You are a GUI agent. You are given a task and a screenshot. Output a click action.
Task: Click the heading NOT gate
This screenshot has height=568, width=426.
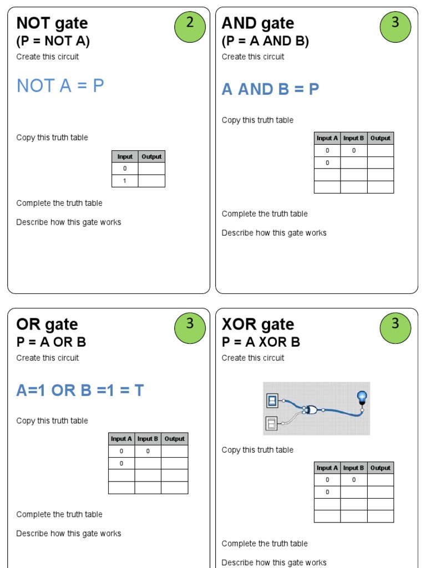point(52,23)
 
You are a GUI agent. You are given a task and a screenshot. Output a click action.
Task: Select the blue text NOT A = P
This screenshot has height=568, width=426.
point(60,86)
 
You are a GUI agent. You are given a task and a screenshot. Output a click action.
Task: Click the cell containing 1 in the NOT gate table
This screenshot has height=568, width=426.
point(125,181)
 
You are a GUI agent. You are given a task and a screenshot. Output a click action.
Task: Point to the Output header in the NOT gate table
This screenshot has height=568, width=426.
point(151,156)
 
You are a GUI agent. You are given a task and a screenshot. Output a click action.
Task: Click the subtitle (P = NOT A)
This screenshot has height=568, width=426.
point(53,41)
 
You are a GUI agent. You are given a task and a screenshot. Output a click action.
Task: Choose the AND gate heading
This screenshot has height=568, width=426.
point(258,23)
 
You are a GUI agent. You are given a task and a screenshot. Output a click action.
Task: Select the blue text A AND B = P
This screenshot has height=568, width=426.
point(270,89)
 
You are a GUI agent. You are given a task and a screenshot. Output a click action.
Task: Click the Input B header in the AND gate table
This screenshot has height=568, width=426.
point(354,138)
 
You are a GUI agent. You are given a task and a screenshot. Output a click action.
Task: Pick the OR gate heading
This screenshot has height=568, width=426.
point(47,324)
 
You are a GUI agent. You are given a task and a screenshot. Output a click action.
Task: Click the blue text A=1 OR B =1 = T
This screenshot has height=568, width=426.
point(80,390)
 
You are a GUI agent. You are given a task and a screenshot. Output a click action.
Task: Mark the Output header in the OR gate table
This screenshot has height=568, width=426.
point(174,439)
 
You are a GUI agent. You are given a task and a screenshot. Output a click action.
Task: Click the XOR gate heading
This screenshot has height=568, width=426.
point(258,324)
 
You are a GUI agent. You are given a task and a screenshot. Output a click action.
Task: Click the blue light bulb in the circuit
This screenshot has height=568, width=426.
point(362,397)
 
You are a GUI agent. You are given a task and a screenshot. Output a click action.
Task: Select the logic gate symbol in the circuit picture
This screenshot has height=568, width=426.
point(311,410)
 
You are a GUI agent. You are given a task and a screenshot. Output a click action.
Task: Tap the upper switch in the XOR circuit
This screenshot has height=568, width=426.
point(272,400)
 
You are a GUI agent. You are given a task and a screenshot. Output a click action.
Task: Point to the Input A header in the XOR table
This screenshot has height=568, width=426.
point(327,468)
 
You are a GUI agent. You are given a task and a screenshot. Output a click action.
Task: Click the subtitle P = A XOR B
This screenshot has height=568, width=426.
point(261,342)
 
